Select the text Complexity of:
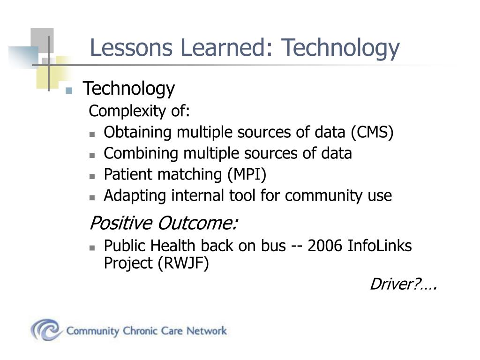tap(140, 112)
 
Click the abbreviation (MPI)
tap(247, 175)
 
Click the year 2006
tap(325, 246)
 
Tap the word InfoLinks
tap(380, 246)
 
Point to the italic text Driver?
tap(403, 284)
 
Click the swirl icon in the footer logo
tap(46, 330)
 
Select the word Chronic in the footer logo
tap(142, 331)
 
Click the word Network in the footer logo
tap(206, 331)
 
